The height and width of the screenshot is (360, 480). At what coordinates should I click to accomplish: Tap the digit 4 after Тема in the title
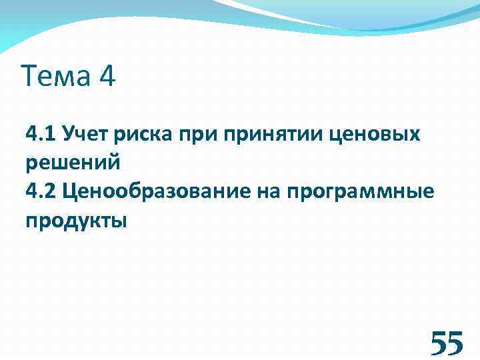pos(107,77)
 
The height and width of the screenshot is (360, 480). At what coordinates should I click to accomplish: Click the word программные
pos(361,193)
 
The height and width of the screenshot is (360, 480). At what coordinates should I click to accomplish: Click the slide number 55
pos(446,344)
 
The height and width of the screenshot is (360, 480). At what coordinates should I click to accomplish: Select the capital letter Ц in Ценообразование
pos(70,192)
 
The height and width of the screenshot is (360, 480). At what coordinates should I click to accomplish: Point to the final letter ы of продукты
pos(119,221)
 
